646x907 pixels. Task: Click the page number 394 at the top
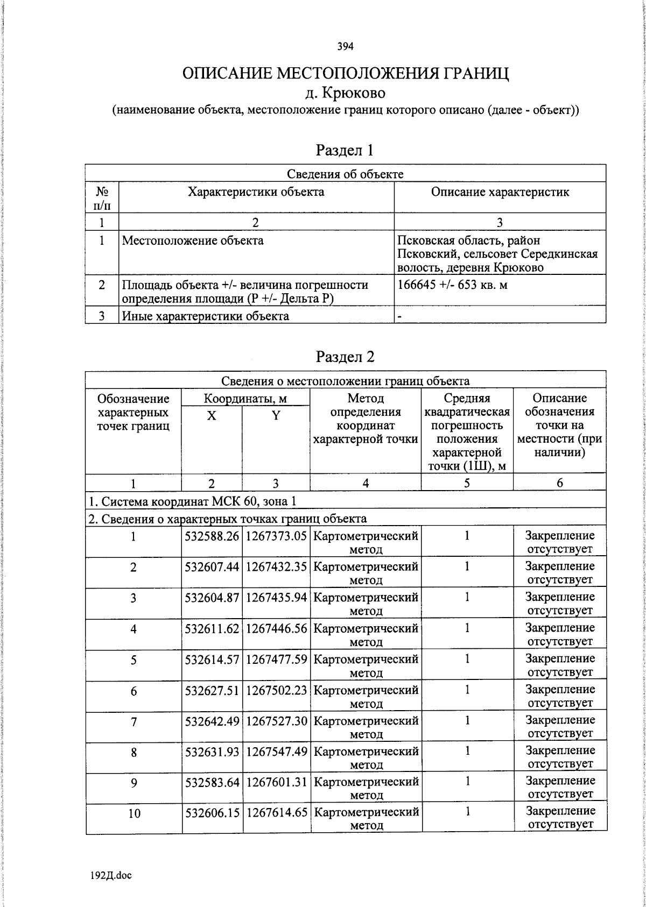coord(345,47)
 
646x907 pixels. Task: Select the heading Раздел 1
coord(345,150)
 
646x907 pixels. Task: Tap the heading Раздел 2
coord(345,357)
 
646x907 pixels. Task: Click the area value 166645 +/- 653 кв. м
coord(452,285)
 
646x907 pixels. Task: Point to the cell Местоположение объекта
coord(193,240)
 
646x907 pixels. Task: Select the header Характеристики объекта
coord(256,192)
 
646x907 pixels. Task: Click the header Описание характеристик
coord(500,192)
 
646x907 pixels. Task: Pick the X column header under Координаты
coord(212,415)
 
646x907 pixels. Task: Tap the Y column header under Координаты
coord(276,415)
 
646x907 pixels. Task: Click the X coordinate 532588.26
coord(212,536)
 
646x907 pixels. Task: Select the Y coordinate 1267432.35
coord(276,567)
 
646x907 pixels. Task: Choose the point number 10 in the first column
coord(134,813)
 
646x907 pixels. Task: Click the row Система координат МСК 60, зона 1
coord(192,501)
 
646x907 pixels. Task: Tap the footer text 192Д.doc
coord(111,876)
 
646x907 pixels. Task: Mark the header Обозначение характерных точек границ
coord(133,413)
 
